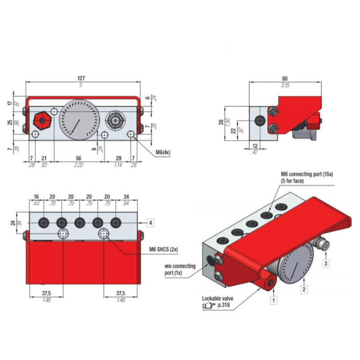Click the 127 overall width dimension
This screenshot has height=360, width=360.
pos(81,78)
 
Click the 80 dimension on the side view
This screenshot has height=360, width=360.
pos(285,77)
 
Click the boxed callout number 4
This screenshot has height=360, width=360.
pos(151,223)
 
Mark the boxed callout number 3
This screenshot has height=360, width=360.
pos(327,263)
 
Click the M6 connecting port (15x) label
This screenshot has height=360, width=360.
pos(306,176)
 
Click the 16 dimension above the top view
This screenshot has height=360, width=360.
pos(36,196)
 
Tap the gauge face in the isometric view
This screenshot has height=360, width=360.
pos(291,265)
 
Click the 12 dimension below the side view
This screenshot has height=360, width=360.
pos(256,146)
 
